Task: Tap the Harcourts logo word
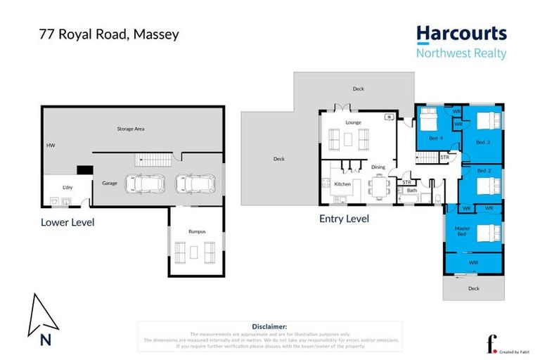461,34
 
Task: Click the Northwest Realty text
461,53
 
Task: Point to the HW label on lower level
50,146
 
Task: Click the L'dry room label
68,187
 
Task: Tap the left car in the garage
143,184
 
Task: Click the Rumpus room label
196,231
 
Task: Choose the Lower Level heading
67,222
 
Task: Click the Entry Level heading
345,219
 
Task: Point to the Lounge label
353,122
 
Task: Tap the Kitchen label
342,184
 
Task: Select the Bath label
412,190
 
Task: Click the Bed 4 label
436,139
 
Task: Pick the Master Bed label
462,231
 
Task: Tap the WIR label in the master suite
473,262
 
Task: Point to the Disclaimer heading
269,326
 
